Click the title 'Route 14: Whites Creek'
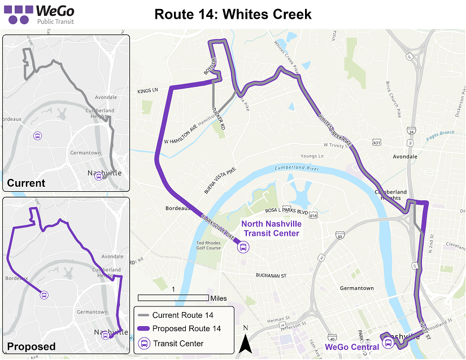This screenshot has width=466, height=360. [x=233, y=14]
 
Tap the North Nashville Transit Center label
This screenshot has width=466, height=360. [x=271, y=228]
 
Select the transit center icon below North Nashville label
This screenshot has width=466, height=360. [x=243, y=247]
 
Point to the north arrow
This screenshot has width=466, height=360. [x=245, y=341]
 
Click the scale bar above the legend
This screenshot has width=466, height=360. [x=173, y=297]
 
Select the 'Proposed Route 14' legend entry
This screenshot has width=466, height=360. [x=186, y=328]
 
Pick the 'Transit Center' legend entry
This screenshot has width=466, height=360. [x=178, y=343]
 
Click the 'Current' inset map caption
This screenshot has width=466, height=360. [x=27, y=183]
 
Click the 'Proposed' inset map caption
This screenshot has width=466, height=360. [x=32, y=346]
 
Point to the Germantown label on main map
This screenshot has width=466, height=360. [x=356, y=288]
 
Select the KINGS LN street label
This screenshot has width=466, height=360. [x=147, y=91]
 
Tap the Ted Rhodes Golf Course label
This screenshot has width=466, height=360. [x=209, y=244]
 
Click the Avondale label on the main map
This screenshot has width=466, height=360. [x=403, y=156]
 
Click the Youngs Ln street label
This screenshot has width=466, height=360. [x=312, y=156]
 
